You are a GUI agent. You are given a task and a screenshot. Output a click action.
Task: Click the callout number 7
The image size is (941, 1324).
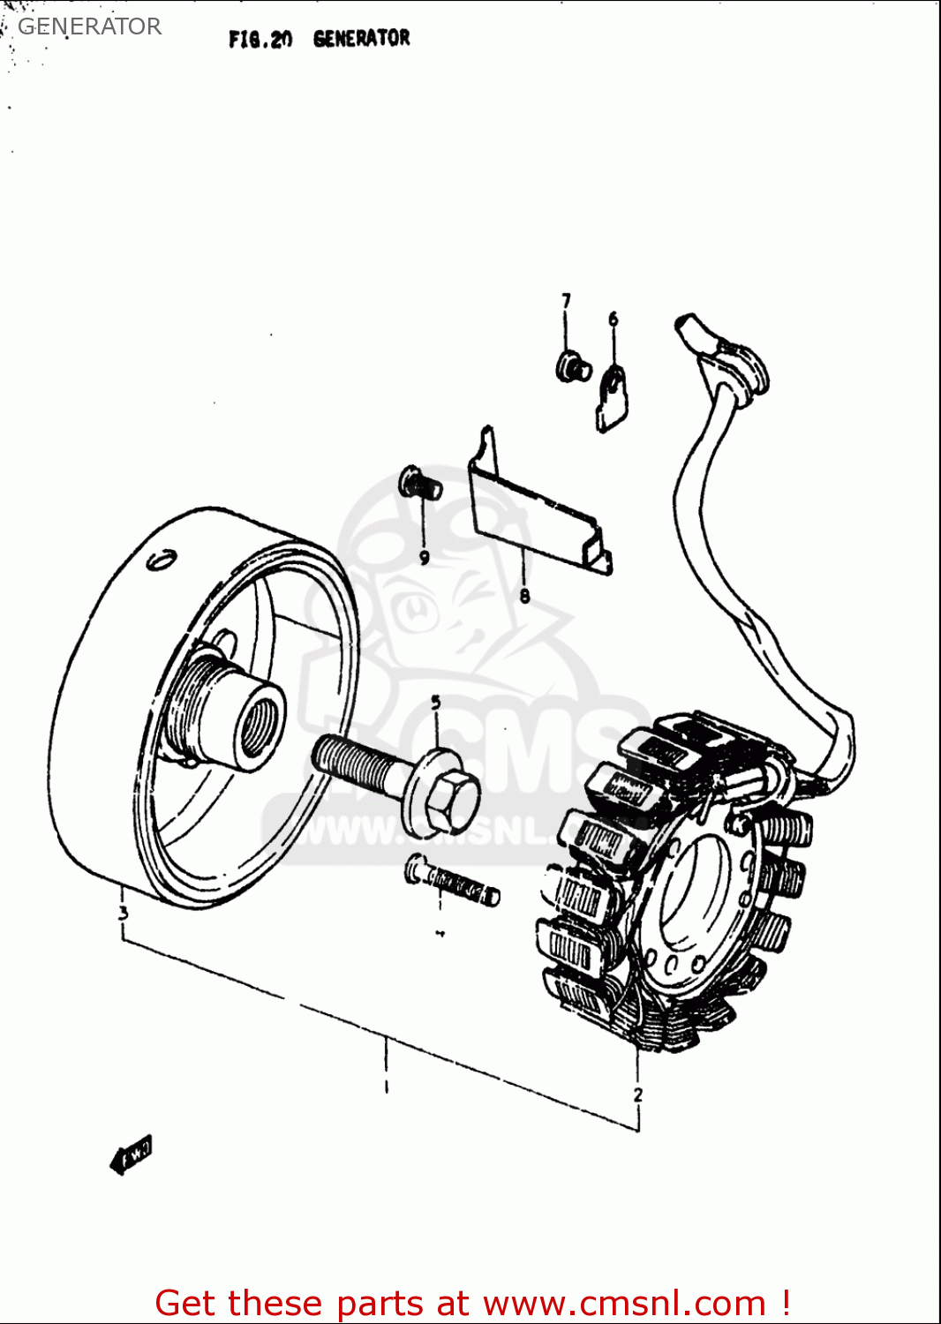tap(566, 301)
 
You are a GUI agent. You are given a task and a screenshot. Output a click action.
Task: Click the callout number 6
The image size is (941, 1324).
tap(614, 319)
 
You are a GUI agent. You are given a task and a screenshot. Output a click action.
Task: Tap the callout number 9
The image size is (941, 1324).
tap(424, 557)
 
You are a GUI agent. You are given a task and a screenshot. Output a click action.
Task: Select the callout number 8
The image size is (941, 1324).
tap(524, 596)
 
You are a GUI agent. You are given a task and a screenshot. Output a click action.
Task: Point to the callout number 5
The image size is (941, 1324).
tap(436, 703)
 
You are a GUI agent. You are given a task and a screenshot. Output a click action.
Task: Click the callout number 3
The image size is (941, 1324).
tap(124, 913)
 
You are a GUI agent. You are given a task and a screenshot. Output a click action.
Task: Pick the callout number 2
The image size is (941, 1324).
tap(638, 1095)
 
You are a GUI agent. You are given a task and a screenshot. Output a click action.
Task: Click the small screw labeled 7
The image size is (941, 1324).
tap(573, 365)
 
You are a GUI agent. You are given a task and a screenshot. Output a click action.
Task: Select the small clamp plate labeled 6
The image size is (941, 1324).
tap(614, 398)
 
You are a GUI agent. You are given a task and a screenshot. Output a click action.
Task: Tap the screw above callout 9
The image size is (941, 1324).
tap(420, 483)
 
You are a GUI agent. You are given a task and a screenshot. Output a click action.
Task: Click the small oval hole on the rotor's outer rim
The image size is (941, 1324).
tap(161, 560)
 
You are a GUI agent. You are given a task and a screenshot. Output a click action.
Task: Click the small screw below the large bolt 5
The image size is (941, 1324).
tap(452, 884)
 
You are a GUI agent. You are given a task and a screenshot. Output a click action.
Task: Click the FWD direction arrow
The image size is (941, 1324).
tap(132, 1155)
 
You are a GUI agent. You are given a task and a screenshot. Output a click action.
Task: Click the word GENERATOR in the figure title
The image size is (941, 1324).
tap(361, 39)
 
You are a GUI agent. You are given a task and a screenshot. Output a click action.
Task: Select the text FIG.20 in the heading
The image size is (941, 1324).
tap(260, 40)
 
